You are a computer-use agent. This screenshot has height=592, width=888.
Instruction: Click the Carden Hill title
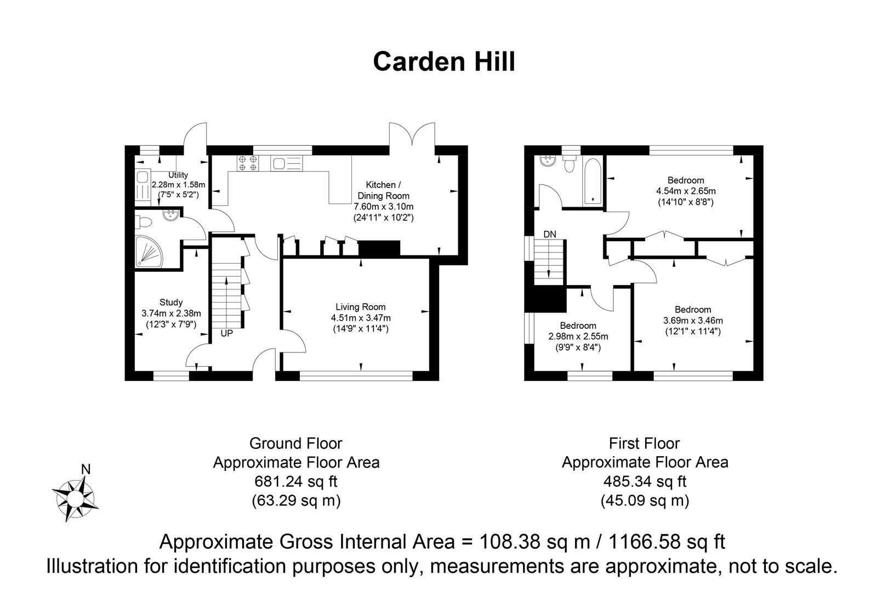point(444,62)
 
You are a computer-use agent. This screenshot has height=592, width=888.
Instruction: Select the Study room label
point(171,303)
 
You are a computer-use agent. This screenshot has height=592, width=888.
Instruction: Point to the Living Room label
point(361,308)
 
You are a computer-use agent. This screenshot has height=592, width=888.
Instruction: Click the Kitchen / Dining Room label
point(384,190)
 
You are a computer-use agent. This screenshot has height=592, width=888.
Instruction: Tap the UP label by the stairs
point(227,333)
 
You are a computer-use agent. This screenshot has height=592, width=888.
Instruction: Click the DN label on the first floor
point(549,235)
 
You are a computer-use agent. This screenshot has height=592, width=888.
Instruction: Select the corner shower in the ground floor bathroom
point(150,253)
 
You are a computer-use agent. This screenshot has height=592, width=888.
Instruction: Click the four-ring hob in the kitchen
point(248,163)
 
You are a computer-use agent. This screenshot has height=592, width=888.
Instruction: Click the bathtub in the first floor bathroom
point(593,181)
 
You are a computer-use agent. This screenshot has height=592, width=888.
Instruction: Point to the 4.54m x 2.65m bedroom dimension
point(686,191)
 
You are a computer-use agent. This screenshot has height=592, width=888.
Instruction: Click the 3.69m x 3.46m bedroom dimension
point(693,321)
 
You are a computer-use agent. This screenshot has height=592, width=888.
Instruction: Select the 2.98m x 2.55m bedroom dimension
point(578,337)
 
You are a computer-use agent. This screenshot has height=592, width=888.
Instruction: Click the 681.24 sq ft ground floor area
point(296,482)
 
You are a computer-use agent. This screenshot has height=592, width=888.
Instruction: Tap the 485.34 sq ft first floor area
point(645,482)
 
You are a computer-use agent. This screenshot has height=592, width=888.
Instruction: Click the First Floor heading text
point(645,443)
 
